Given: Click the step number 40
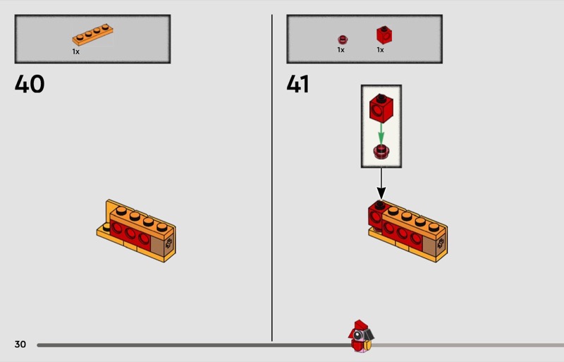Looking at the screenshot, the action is (30, 84).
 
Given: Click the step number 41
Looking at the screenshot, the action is (298, 84).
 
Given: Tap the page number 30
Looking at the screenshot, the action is (20, 344).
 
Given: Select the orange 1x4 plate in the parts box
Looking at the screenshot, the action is (92, 35).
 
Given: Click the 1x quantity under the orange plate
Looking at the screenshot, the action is (75, 52).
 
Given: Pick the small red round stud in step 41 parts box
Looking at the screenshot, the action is (343, 40).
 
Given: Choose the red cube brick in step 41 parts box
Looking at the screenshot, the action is (384, 35).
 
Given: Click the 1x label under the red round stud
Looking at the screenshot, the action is (341, 49).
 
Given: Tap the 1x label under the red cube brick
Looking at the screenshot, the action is (380, 49).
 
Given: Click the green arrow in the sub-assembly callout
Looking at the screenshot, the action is (381, 134).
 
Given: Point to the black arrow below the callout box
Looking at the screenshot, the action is (381, 183).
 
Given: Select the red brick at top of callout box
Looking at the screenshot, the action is (381, 109).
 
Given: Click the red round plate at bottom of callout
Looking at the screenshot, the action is (381, 152).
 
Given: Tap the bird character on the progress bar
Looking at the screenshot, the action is (361, 336).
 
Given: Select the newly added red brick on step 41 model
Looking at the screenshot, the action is (376, 215).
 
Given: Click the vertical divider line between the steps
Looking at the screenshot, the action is (272, 178).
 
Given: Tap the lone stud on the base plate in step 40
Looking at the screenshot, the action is (106, 227).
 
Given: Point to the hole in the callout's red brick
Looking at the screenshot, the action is (376, 109).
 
